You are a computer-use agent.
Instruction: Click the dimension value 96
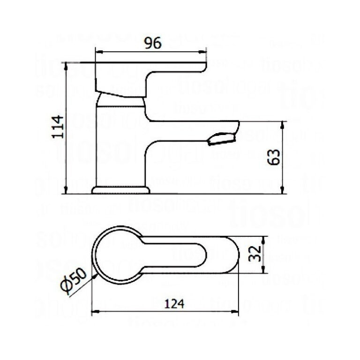152,44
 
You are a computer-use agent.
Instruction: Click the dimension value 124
174,303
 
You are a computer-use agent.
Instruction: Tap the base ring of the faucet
120,190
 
